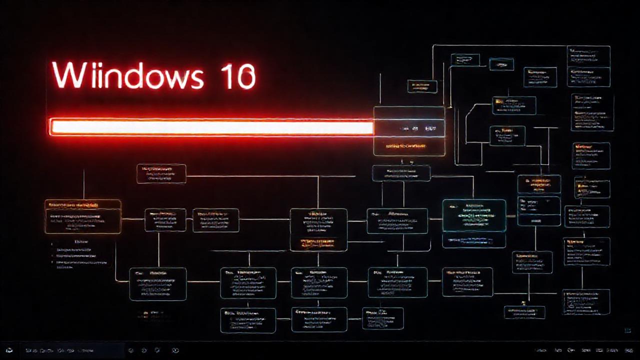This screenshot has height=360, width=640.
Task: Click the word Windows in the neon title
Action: [127, 76]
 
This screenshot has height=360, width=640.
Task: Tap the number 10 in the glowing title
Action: [238, 76]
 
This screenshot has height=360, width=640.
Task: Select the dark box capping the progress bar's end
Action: [409, 130]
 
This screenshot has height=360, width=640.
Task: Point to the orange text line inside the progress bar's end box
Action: [406, 146]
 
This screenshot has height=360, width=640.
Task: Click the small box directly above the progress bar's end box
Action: [422, 86]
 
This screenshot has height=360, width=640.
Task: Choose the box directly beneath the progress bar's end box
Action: [401, 173]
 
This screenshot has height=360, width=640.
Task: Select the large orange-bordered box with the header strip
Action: [83, 216]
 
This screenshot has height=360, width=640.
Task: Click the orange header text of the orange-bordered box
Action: [72, 205]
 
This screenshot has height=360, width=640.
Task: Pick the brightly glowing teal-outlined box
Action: [474, 215]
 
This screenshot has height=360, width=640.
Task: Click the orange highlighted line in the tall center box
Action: [318, 243]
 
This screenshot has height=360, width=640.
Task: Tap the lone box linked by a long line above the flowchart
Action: [161, 173]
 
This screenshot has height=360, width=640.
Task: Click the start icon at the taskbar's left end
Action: [9, 350]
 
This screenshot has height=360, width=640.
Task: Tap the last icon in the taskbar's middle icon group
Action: [175, 350]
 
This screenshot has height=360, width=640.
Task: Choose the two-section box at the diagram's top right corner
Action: [588, 66]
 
